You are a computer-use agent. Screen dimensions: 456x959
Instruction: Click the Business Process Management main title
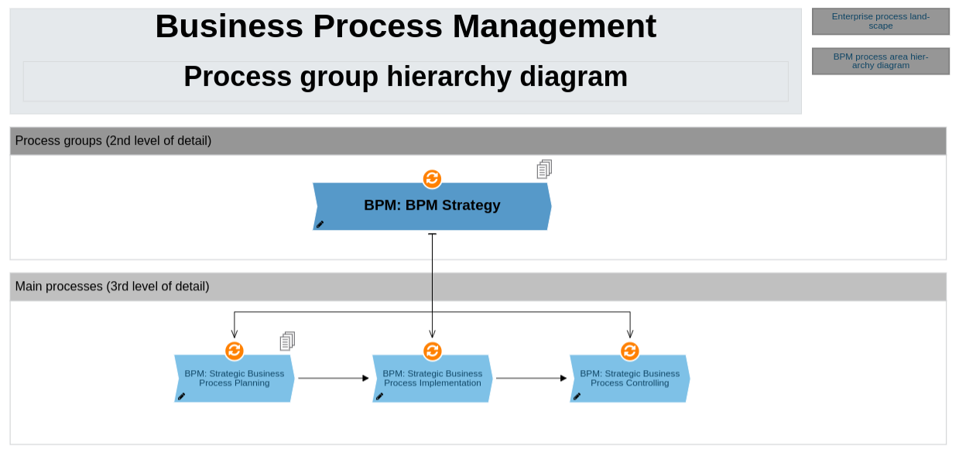406,27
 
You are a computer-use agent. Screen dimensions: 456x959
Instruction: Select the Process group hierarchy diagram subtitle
406,77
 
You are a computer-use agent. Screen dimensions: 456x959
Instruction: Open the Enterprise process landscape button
880,22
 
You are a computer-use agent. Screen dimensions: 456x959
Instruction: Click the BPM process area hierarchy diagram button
880,61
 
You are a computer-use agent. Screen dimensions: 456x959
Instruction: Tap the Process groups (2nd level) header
113,141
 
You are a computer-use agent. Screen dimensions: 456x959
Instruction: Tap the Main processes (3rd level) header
112,286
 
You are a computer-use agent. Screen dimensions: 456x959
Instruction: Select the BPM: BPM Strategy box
432,206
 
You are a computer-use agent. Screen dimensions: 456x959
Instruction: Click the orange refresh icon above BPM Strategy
432,179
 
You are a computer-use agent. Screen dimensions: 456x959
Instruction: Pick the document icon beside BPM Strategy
544,169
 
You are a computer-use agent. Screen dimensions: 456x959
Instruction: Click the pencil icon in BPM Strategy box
320,225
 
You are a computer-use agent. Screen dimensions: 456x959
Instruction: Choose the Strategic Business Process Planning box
234,379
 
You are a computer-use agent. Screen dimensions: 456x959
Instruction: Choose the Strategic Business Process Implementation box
432,379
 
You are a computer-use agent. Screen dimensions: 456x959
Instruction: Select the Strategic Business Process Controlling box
629,379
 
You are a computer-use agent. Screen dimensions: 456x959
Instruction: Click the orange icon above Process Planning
235,351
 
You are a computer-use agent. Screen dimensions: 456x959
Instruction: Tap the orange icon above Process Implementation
432,351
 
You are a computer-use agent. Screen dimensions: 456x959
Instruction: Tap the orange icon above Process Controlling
630,351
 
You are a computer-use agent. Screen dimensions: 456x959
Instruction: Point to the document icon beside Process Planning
287,341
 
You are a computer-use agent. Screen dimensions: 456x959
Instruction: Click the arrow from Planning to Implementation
333,379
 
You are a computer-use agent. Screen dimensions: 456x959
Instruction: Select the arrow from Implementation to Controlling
531,379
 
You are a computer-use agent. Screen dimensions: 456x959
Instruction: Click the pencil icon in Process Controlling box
577,396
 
